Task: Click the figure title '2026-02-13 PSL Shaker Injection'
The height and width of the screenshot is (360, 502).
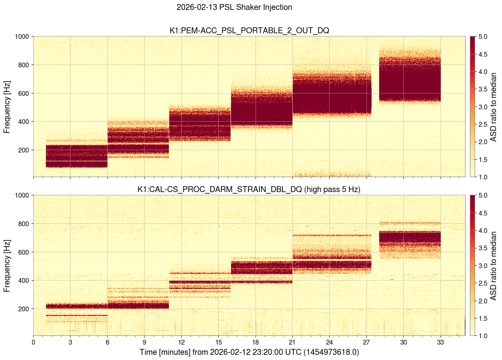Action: tap(234, 7)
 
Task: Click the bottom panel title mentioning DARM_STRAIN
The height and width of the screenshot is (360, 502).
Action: tap(249, 189)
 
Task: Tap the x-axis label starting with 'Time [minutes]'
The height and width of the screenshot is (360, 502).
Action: tap(249, 352)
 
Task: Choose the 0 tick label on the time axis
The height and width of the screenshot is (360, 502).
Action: tap(33, 342)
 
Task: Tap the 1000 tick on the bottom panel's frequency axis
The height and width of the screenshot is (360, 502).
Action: tap(21, 195)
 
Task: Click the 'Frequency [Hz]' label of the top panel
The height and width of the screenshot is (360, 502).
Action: tap(7, 107)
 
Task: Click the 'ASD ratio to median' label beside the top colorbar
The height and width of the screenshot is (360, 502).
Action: tap(493, 107)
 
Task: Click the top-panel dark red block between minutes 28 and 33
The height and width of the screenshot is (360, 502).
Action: tap(410, 79)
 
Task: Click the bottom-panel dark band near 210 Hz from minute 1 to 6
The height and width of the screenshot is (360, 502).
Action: tap(71, 306)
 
